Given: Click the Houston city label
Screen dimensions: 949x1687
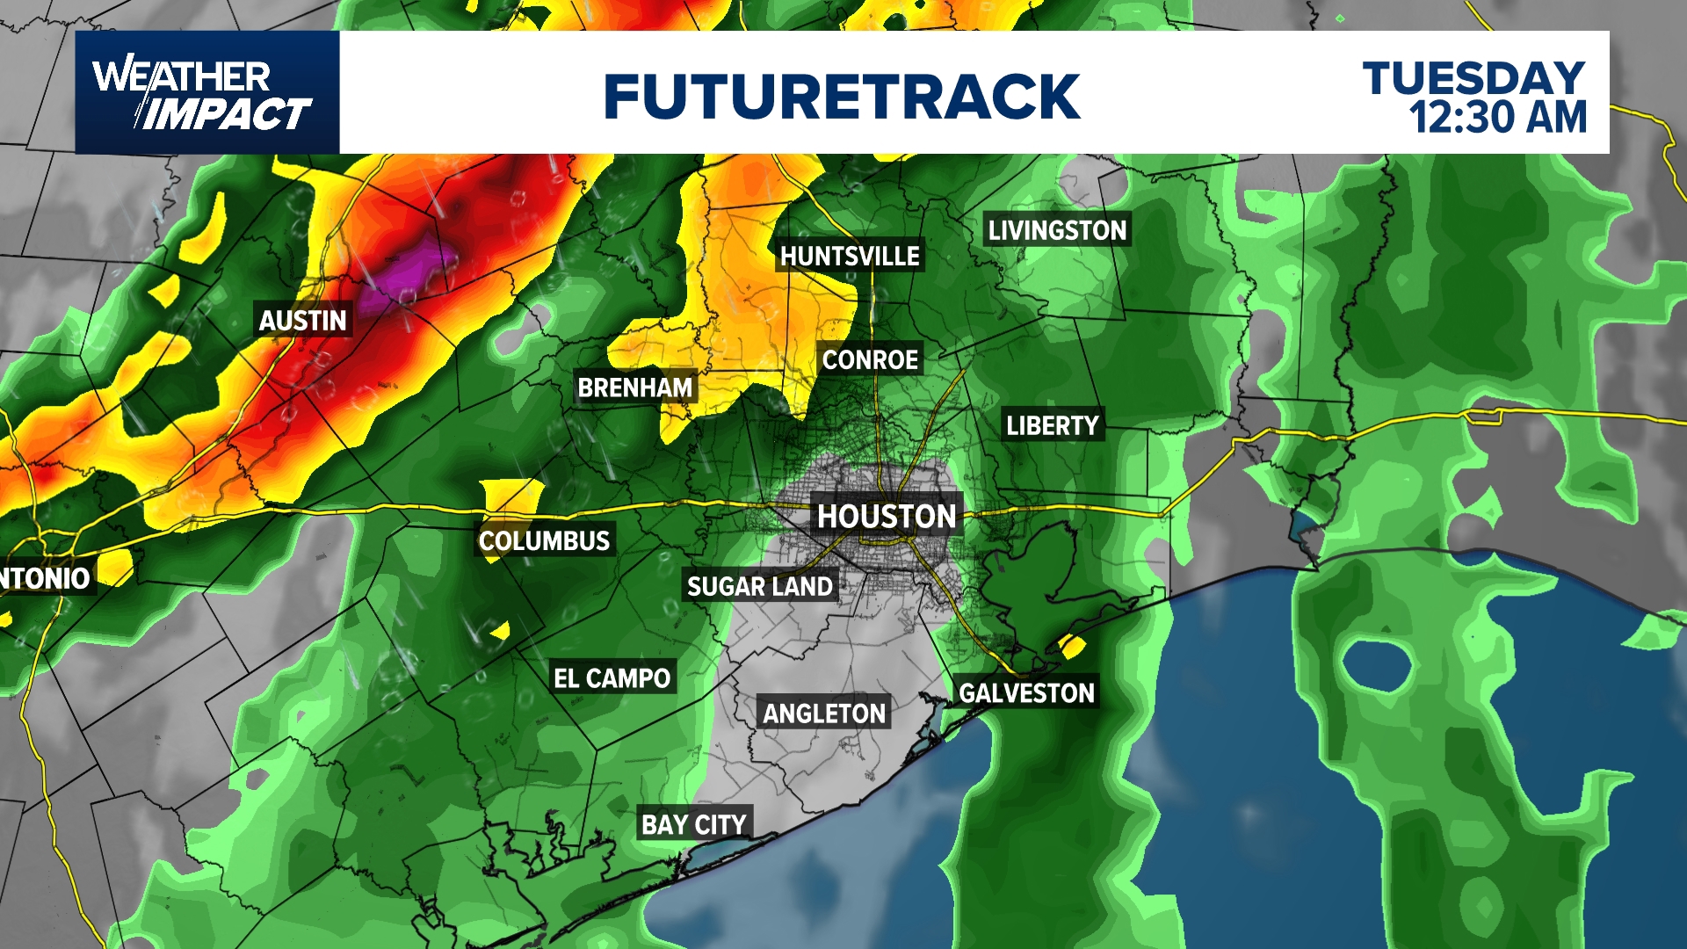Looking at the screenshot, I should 887,516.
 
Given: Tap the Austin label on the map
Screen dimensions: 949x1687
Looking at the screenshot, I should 303,320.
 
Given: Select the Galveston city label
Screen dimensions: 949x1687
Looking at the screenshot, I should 1026,693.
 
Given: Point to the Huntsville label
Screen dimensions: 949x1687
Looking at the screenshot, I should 850,256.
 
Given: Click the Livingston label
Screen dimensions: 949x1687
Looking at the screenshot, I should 1057,230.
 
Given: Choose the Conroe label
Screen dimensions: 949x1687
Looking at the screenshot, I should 870,359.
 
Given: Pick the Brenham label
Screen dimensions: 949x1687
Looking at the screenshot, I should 634,388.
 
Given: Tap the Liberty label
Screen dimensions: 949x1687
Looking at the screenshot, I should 1053,426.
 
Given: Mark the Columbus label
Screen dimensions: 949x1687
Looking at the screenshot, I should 544,540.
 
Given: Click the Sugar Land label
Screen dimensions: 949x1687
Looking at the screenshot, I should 760,586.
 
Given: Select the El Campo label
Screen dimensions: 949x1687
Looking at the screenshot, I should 612,678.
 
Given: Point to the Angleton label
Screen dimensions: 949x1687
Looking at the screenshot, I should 824,714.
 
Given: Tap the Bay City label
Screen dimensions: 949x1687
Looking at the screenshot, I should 694,824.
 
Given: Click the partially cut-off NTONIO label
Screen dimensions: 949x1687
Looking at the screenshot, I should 46,578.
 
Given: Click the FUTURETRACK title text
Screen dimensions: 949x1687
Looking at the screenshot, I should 842,96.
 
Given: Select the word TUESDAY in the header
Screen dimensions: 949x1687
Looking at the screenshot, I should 1473,78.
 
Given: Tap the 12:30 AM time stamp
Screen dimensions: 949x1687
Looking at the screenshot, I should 1498,118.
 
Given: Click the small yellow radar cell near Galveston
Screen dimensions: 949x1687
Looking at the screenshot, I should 1072,647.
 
